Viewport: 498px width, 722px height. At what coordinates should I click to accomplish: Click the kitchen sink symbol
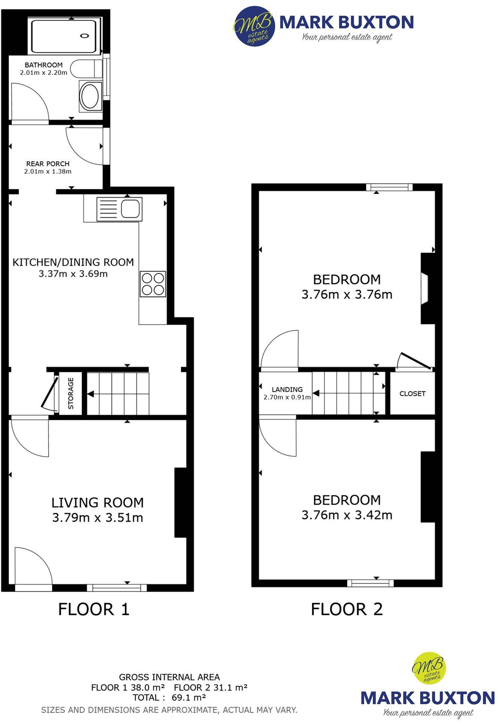pos(119,209)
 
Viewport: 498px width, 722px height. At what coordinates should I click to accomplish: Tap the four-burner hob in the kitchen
pos(153,284)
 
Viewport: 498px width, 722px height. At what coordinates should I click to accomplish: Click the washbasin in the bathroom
pos(90,96)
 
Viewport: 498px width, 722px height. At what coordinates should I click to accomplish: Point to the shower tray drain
pos(85,36)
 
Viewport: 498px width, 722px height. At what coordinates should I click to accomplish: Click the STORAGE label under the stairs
pos(71,393)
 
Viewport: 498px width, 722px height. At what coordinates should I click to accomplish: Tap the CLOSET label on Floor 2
pos(412,394)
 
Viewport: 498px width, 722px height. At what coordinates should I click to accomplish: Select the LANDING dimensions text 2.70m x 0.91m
pos(287,397)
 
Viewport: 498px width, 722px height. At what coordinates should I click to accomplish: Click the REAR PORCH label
pos(48,164)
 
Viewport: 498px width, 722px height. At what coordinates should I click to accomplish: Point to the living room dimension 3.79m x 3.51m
pos(97,518)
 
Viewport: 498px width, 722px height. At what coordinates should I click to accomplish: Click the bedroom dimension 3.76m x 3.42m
pos(347,515)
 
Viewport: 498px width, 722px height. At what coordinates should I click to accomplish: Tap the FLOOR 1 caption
pos(94,609)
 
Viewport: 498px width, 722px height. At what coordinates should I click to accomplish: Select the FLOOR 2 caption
pos(347,609)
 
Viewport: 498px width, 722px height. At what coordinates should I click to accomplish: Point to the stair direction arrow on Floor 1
pos(91,394)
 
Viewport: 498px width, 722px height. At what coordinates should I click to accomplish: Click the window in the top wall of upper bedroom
pos(389,187)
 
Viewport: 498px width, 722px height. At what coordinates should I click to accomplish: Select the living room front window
pos(117,588)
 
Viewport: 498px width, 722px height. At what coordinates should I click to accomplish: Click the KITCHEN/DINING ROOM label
pos(73,262)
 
